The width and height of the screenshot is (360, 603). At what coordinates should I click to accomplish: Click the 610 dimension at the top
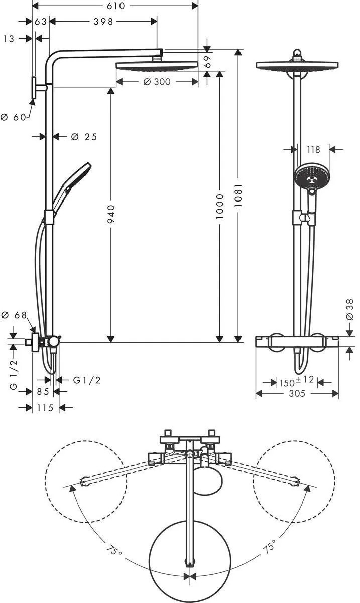tap(115, 5)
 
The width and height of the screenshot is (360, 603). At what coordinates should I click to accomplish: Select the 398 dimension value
tap(103, 21)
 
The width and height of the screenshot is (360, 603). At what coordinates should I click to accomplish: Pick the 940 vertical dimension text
tap(111, 214)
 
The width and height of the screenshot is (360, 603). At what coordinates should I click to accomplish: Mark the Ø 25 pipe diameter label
tap(84, 137)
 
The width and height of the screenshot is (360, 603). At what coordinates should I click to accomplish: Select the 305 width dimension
tap(297, 394)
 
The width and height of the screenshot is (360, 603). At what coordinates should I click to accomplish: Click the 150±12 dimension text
tap(297, 382)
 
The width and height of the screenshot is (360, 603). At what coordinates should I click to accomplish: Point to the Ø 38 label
tap(350, 312)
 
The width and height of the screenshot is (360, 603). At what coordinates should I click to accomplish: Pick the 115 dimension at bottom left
tap(46, 408)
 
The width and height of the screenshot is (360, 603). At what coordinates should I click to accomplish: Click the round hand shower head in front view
tap(310, 175)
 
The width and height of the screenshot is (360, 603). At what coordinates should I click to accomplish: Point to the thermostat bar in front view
tap(297, 342)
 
